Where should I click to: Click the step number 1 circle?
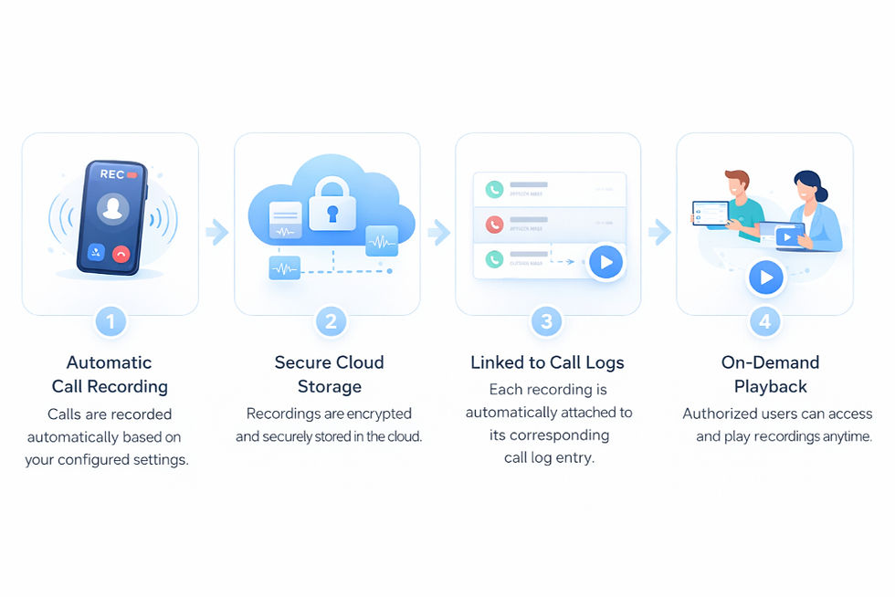tap(111, 321)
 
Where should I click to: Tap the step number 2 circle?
tap(330, 321)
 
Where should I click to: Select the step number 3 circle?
tap(547, 321)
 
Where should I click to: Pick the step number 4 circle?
tap(765, 321)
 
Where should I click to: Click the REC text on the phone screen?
tap(112, 173)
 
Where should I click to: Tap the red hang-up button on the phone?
tap(121, 253)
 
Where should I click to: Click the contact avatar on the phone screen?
tap(113, 209)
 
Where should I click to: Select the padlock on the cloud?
tap(331, 208)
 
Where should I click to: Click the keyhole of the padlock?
tap(331, 215)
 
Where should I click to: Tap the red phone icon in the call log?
tap(494, 224)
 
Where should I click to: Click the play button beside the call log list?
tap(605, 263)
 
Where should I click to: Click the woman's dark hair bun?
tap(821, 194)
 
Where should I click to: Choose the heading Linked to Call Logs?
tap(547, 362)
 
